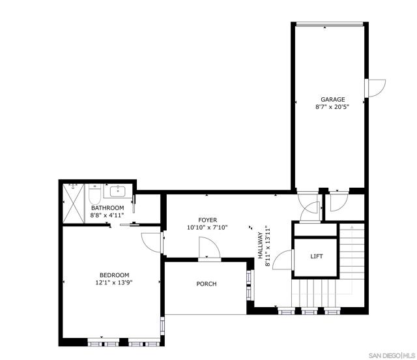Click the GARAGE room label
332,100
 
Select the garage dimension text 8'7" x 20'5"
332,108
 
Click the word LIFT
317,256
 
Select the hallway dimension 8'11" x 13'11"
268,247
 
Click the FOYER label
208,220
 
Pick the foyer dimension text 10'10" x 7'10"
208,228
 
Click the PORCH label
207,284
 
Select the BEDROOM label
114,275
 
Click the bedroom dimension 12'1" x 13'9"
114,282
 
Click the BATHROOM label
106,208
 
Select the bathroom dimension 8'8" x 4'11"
106,215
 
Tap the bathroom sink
119,191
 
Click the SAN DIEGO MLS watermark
390,354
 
